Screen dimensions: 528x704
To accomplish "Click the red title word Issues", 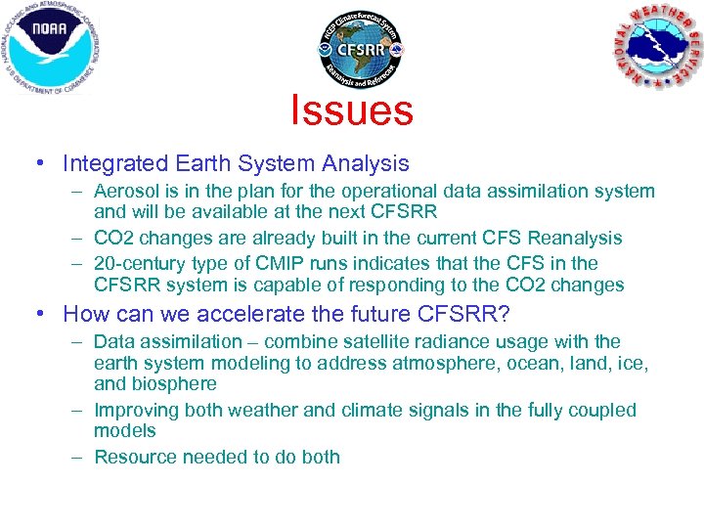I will coord(352,110).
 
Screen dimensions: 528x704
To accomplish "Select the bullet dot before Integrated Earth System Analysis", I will coord(38,164).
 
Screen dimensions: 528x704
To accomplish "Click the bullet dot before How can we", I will coord(38,315).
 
